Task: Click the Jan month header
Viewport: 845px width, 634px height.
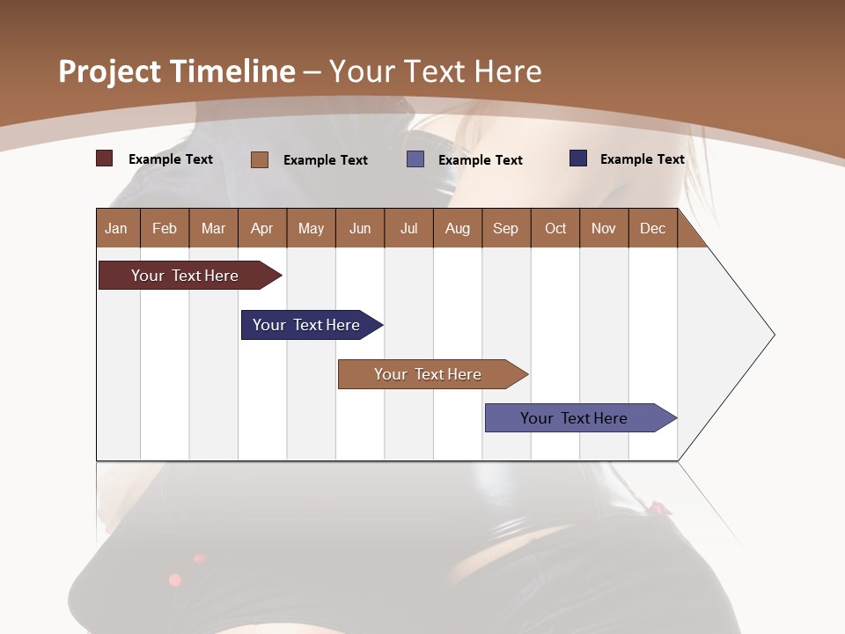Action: pos(116,228)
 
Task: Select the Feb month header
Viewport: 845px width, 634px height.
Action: pos(165,228)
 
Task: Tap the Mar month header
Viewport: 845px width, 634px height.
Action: pos(213,228)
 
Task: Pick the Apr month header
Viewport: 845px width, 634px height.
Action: pos(261,228)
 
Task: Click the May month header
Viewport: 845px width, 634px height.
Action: pos(311,228)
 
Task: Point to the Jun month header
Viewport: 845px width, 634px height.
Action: pos(360,228)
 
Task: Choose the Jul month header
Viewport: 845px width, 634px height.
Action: pos(408,228)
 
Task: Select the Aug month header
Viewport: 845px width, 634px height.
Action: pos(457,228)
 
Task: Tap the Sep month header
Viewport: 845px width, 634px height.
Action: pos(505,228)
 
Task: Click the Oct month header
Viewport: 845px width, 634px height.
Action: pos(555,228)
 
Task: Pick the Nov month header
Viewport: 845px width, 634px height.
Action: pos(603,228)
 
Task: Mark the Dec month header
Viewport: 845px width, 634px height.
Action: pos(652,228)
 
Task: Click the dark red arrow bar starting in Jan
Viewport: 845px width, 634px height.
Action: pos(185,276)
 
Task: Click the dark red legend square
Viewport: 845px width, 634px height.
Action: pos(104,158)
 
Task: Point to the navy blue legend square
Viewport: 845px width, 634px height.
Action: pos(577,158)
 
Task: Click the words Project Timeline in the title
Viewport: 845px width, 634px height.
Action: pos(176,71)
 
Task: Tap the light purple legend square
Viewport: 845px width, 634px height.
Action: pos(415,158)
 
